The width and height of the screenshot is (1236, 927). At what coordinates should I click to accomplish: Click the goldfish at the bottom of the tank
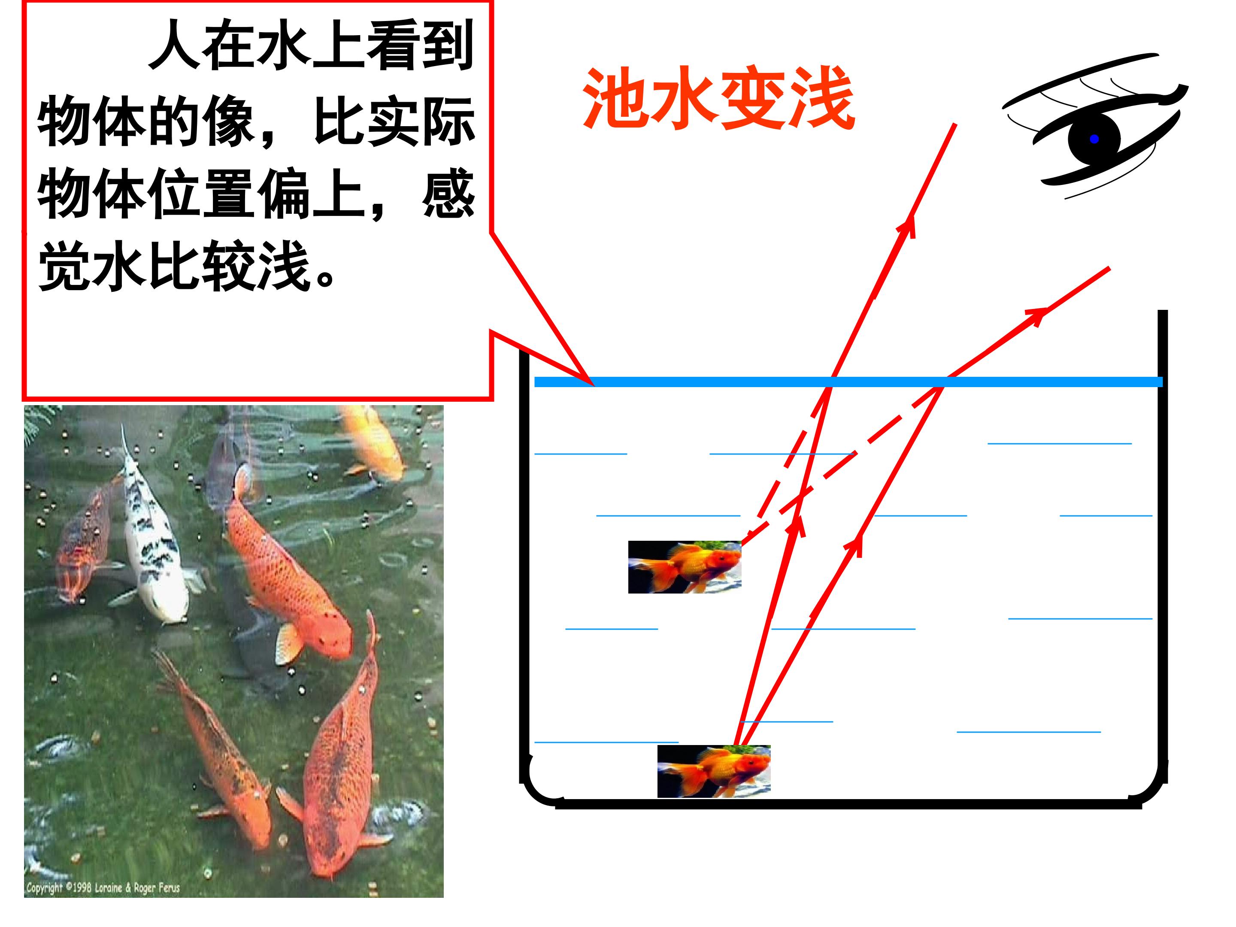coord(714,771)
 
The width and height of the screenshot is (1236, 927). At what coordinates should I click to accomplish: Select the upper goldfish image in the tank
coord(685,566)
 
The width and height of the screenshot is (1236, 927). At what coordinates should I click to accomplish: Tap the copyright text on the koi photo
coord(103,888)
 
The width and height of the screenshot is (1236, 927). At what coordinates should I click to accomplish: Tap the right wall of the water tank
coord(1163,545)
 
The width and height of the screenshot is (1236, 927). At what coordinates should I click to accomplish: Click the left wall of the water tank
coord(523,564)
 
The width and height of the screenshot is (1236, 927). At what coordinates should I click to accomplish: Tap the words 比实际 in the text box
coord(394,121)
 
